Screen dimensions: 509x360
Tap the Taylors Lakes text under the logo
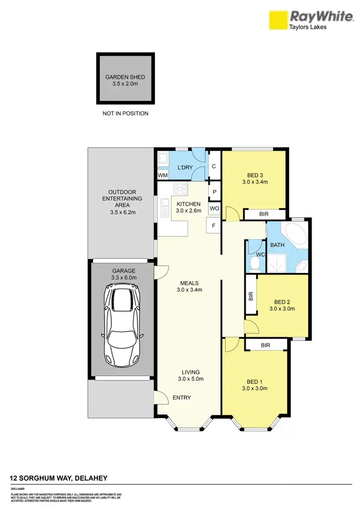pyautogui.click(x=308, y=27)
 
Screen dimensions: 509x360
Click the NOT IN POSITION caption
pyautogui.click(x=125, y=114)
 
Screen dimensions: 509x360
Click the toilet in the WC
pyautogui.click(x=255, y=263)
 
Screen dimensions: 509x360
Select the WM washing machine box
pyautogui.click(x=163, y=176)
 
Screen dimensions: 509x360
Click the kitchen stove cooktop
pyautogui.click(x=180, y=189)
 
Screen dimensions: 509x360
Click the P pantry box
pyautogui.click(x=214, y=191)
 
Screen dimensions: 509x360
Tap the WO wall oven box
pyautogui.click(x=214, y=209)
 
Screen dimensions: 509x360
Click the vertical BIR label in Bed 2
pyautogui.click(x=251, y=296)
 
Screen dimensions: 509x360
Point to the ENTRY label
pyautogui.click(x=182, y=398)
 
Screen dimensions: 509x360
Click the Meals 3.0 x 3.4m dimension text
pyautogui.click(x=190, y=289)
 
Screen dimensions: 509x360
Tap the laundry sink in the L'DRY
pyautogui.click(x=163, y=159)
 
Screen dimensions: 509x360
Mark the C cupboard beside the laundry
pyautogui.click(x=214, y=166)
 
